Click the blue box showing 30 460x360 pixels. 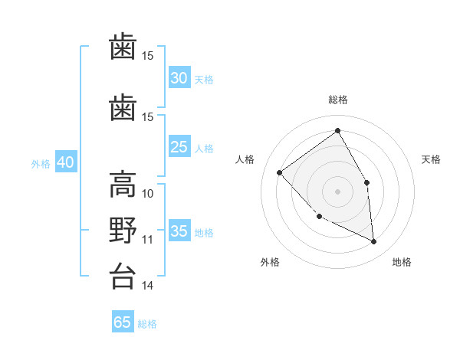point(179,77)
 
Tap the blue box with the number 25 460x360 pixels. point(179,146)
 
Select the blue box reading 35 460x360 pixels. point(179,230)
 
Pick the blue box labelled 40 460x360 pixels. point(66,162)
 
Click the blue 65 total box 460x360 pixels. point(123,321)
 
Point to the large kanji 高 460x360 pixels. point(123,185)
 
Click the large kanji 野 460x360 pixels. point(123,230)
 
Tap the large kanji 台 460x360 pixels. point(123,276)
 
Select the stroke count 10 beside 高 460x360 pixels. point(147,194)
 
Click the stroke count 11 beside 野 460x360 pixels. point(147,240)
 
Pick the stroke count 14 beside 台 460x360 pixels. point(147,285)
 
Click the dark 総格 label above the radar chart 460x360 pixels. point(338,100)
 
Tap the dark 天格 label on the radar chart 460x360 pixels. point(431,159)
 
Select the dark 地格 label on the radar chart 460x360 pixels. point(402,262)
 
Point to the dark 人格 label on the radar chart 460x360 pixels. point(245,159)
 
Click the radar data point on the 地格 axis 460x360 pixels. point(373,241)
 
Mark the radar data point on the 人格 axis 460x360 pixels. point(280,172)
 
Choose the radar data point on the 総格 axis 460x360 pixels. point(337,130)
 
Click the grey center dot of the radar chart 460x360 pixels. point(337,191)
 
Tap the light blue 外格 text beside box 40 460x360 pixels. point(41,164)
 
